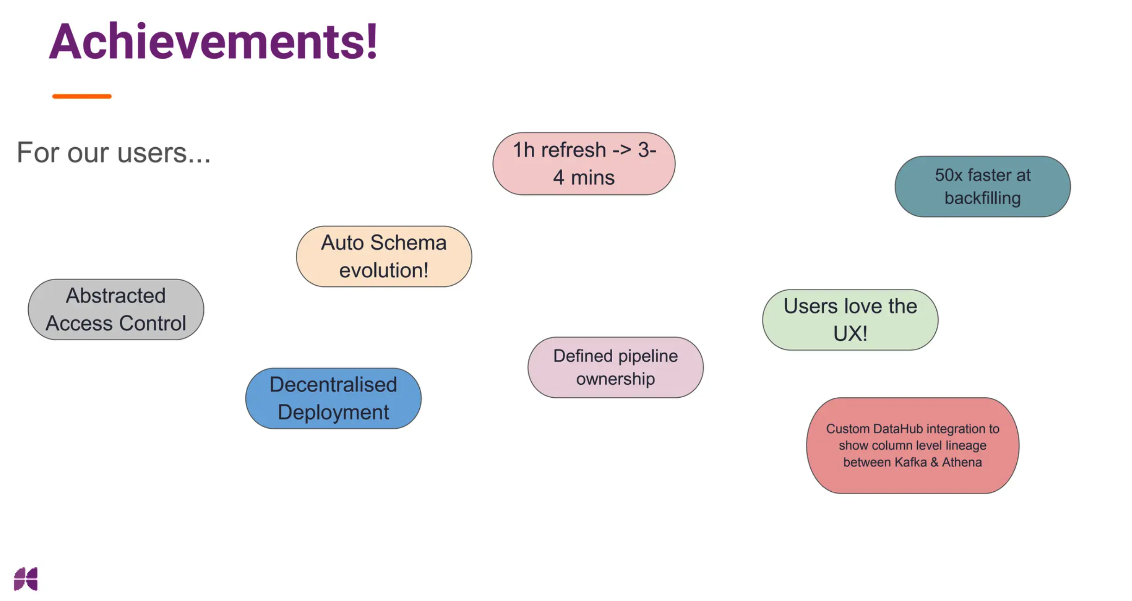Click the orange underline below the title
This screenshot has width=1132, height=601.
[81, 96]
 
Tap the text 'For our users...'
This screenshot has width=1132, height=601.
[113, 152]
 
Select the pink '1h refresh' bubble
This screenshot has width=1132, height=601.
[584, 163]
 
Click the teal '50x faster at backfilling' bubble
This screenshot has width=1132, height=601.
[982, 186]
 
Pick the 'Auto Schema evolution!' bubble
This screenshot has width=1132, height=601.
[384, 256]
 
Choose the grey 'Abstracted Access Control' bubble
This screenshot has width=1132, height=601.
[116, 309]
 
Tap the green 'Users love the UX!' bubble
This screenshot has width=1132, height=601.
[850, 319]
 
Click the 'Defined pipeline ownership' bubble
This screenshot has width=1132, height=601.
[615, 367]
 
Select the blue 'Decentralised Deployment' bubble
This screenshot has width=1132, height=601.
[333, 398]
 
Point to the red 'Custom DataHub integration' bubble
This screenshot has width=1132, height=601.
[912, 445]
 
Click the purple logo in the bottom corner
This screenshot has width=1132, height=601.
[26, 579]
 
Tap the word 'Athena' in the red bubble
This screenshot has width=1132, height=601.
[962, 462]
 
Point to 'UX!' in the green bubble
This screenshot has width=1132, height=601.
[850, 333]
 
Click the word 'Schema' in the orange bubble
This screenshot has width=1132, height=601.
[408, 243]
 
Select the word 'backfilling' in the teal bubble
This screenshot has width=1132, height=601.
[982, 198]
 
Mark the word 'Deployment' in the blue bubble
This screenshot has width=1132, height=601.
[333, 412]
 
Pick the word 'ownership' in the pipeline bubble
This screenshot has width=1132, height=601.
[615, 379]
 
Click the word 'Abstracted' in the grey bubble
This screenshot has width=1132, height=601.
[116, 295]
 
